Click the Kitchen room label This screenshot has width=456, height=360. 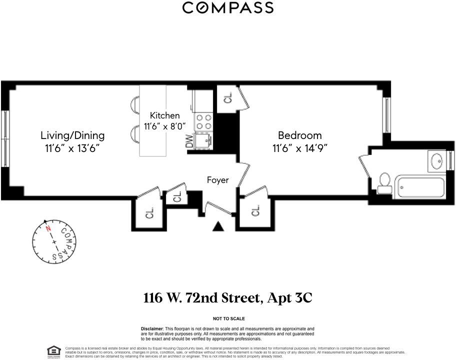coord(164,115)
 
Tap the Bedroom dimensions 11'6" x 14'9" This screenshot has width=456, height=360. coord(300,148)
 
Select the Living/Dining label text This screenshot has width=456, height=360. coord(72,135)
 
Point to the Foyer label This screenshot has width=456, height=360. coord(218,180)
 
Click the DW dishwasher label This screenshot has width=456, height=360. coord(189,140)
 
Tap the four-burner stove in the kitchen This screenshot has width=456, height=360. coord(204,121)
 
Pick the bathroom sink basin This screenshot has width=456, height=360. coord(437,161)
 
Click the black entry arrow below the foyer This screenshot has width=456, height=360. coord(218,226)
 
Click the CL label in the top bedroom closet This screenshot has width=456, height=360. coord(228,97)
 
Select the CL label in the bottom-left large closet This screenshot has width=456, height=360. coord(149,213)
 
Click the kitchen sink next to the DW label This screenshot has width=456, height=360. coord(204,140)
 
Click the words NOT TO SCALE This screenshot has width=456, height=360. coord(229,318)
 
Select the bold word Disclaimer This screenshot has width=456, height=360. coord(152,329)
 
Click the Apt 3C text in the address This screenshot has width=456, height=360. coord(289,298)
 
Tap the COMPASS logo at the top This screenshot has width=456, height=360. coord(228,7)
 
